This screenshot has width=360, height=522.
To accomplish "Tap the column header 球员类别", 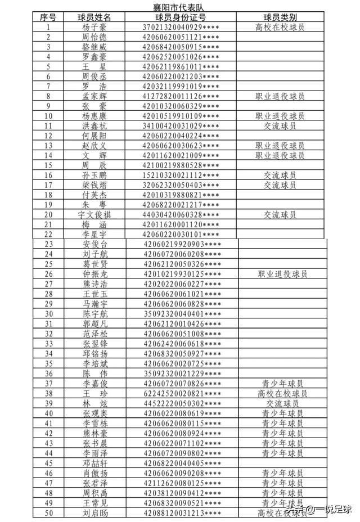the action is pyautogui.click(x=280, y=17).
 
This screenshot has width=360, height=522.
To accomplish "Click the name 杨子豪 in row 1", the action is pyautogui.click(x=94, y=27).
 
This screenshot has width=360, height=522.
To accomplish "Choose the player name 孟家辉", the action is pyautogui.click(x=94, y=96).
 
